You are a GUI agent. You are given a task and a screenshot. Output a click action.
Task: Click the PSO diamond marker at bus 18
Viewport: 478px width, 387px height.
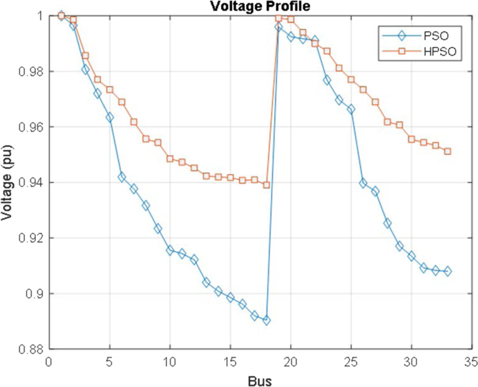coord(266,320)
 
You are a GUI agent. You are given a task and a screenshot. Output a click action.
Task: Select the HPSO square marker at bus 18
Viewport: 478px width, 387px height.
coord(266,185)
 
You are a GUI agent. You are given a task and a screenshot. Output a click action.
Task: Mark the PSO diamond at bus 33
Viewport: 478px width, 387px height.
coord(448,272)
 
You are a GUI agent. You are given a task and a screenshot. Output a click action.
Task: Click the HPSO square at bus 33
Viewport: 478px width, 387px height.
coord(448,151)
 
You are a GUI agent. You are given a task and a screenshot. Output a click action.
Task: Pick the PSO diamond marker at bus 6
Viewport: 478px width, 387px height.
coord(121,177)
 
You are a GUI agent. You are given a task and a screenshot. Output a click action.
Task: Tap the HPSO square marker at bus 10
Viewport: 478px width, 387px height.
coord(170,159)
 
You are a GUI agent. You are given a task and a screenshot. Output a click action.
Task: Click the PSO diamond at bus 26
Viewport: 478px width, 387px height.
coord(363,183)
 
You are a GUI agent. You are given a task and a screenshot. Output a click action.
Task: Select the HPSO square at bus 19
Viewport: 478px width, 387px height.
coord(278,18)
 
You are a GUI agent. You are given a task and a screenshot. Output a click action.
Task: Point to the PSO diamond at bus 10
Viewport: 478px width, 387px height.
coord(170,250)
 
